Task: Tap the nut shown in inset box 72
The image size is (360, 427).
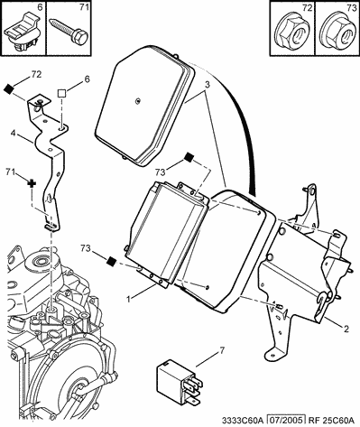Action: pos(292,32)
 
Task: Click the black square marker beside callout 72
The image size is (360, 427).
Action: pos(9,88)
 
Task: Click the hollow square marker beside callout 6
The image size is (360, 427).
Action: pos(62,93)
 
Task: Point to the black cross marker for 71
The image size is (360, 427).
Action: pos(32,183)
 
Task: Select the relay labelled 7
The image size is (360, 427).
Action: pos(179,383)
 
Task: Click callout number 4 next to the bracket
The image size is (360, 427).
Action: pos(14,133)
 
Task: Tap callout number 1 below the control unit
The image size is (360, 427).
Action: pos(128,299)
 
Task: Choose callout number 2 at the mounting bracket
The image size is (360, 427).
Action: pos(346,329)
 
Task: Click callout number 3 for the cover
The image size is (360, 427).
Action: pos(208,85)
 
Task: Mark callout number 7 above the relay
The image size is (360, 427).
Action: pos(222,350)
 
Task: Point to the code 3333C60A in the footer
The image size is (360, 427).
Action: pos(243,420)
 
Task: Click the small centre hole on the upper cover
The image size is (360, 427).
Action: pos(137,101)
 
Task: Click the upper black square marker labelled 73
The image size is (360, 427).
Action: pos(189,157)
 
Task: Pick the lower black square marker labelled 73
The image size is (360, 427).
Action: pos(112,261)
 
